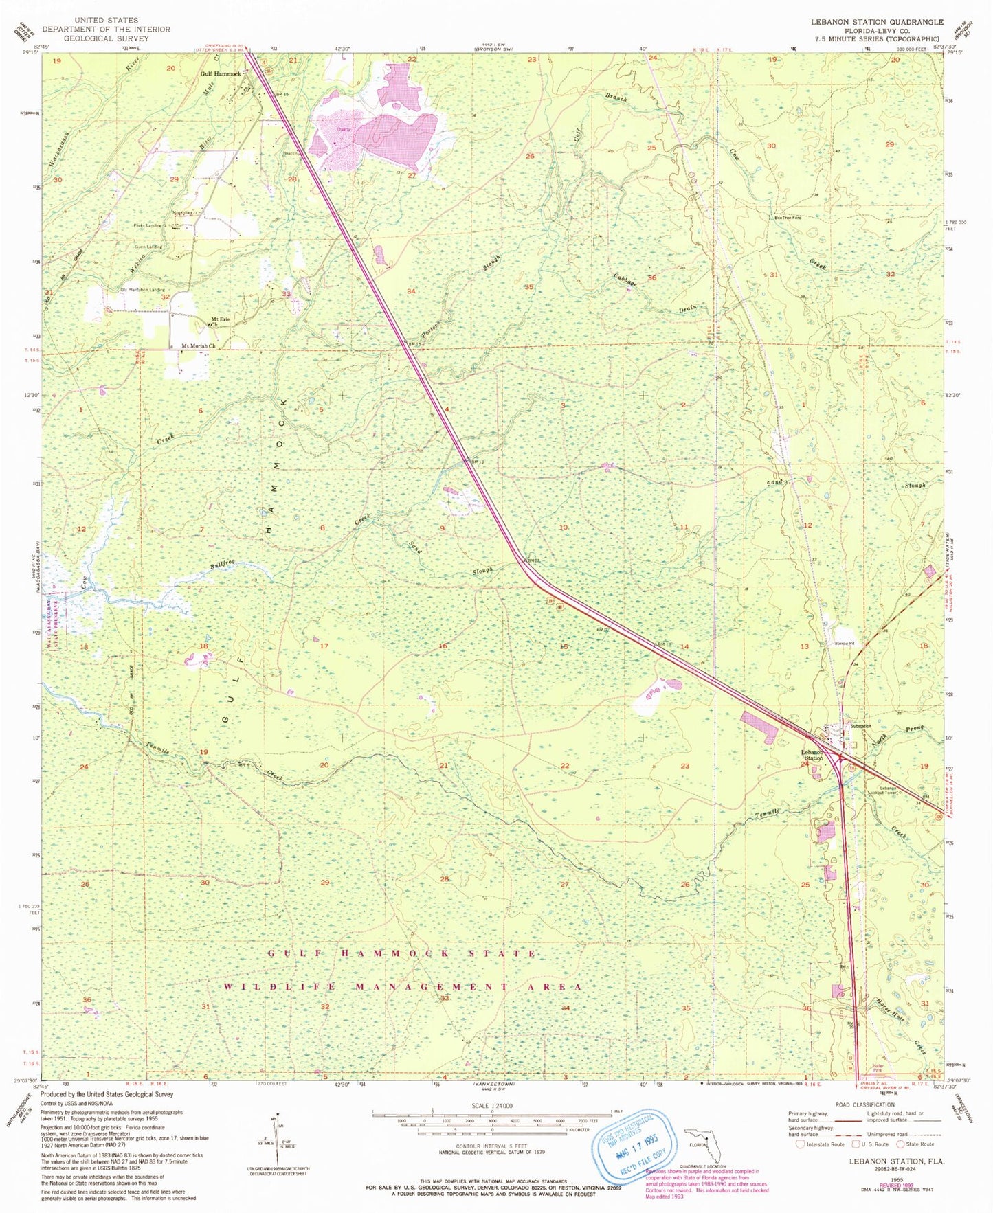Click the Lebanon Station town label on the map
815,755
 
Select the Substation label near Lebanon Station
860,726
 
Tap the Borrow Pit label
844,644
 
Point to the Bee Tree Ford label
788,218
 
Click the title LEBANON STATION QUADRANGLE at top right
877,22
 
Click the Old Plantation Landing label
142,290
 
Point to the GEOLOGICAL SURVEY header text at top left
106,38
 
